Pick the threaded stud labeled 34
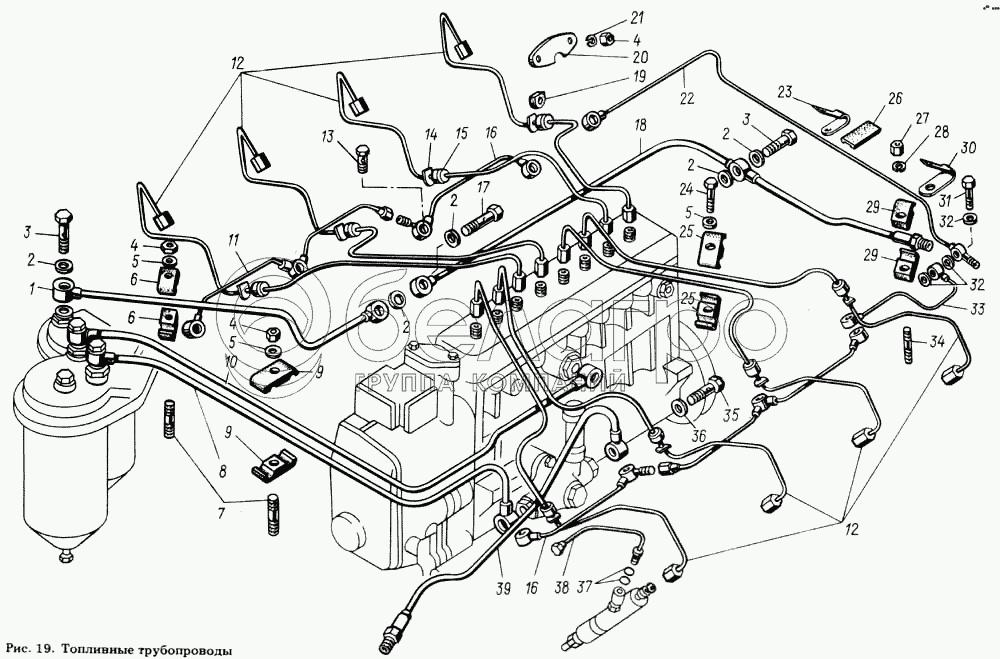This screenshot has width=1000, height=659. (x=909, y=345)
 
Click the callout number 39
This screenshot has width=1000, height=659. (x=503, y=589)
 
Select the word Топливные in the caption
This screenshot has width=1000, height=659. (x=97, y=651)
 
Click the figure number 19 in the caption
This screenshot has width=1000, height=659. (x=44, y=650)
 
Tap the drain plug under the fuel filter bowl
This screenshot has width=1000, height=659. (x=64, y=557)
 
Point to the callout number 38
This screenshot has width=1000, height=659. (x=561, y=589)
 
